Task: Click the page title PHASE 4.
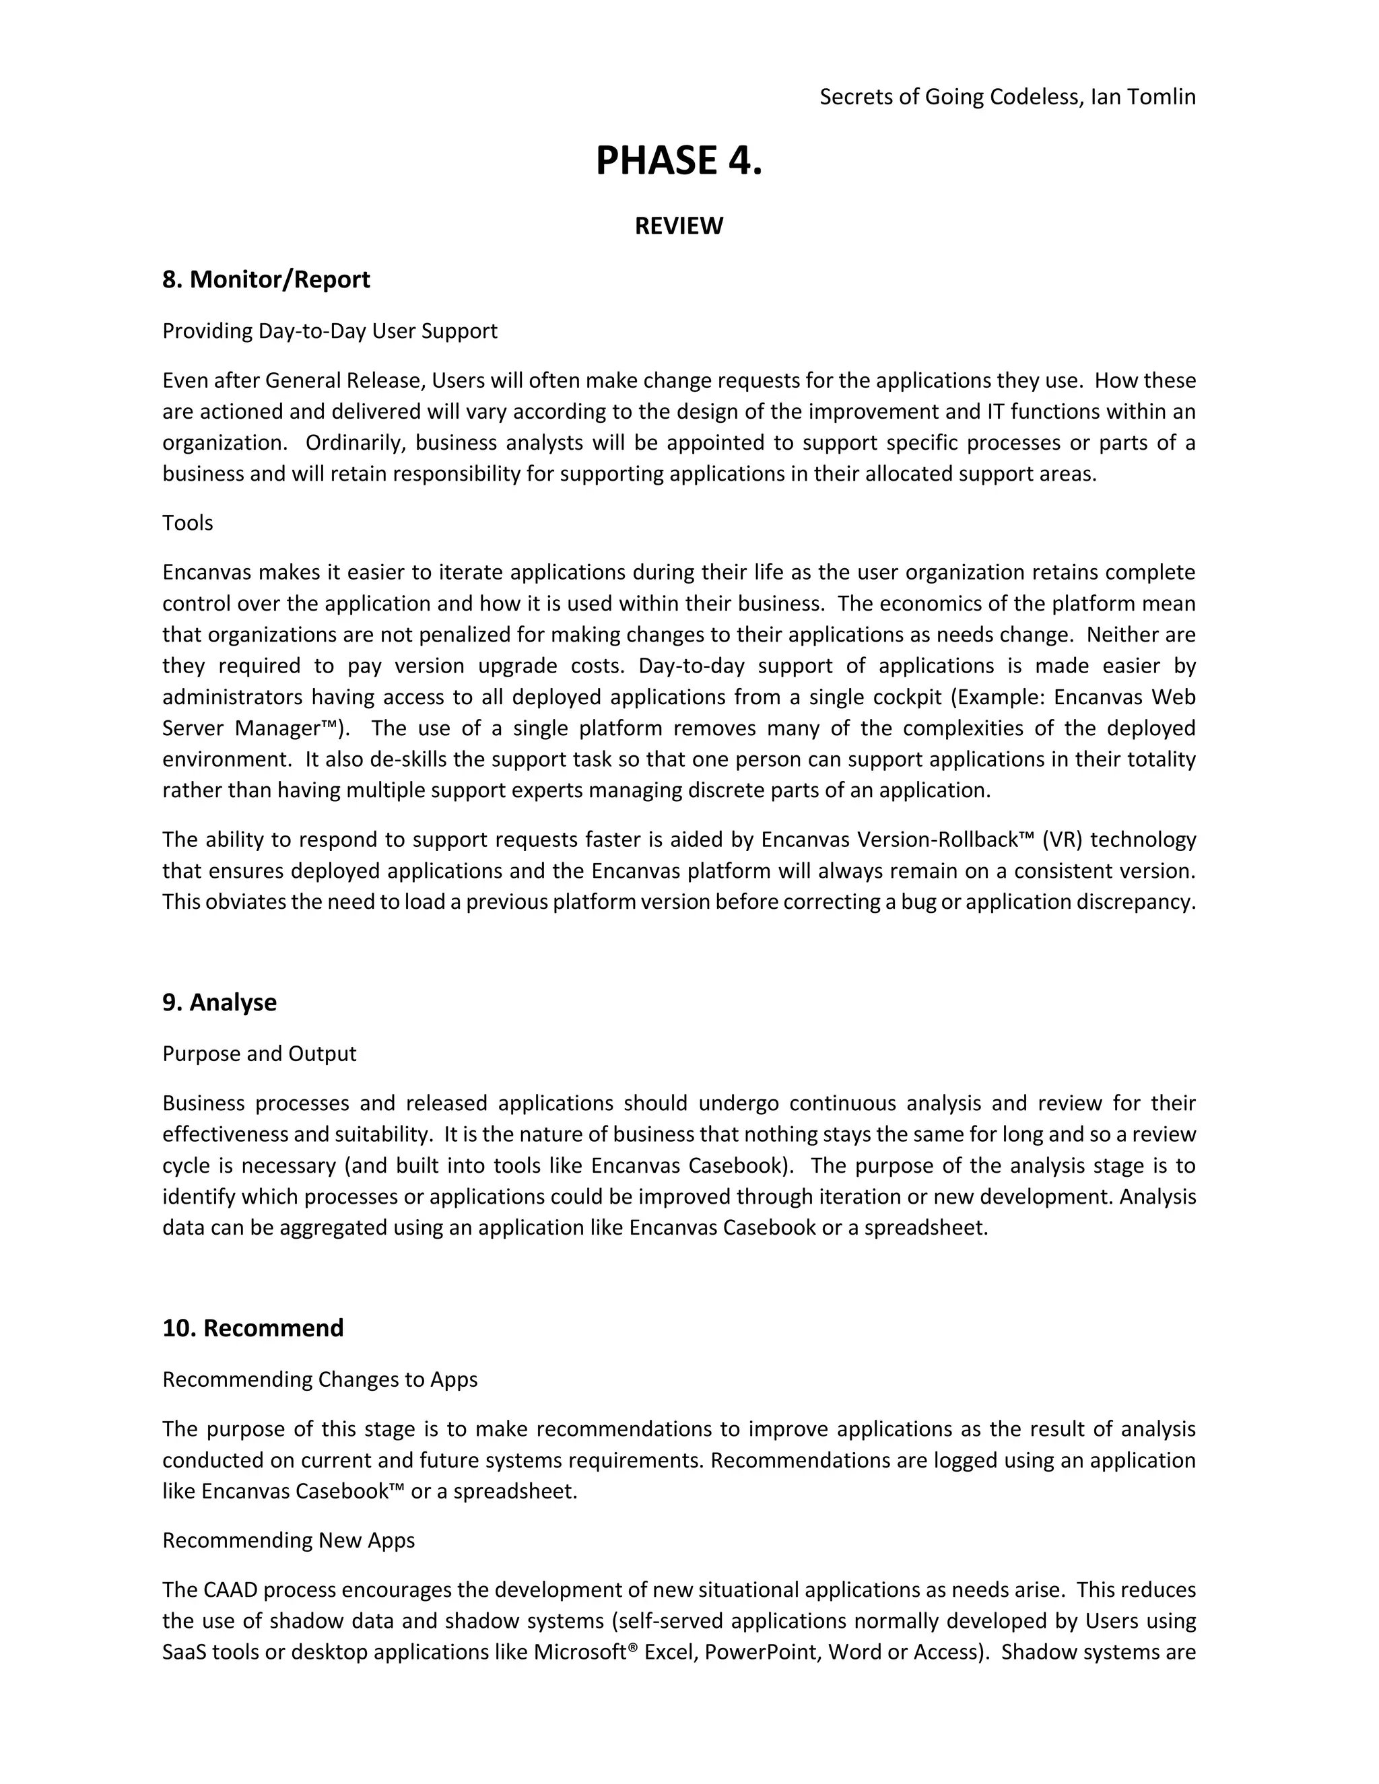[678, 160]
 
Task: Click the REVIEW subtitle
[678, 226]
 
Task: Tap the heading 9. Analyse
[219, 1002]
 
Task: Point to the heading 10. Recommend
[253, 1328]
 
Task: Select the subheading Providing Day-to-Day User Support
[329, 331]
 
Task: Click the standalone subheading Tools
[187, 523]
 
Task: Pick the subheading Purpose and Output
[259, 1054]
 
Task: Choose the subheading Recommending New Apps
[288, 1540]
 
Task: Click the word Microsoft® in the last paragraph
[585, 1653]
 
